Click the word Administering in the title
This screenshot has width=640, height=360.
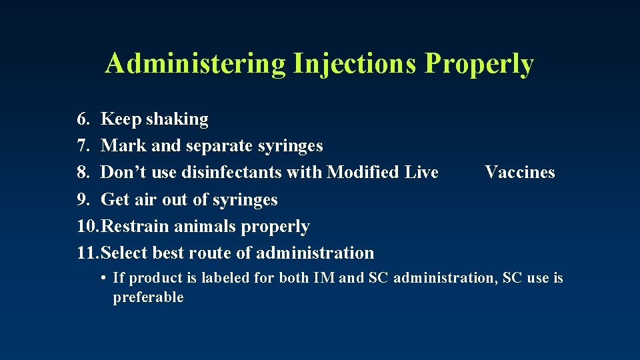tap(195, 64)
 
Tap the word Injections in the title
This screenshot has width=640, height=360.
tap(355, 64)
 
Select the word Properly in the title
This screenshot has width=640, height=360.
tap(479, 64)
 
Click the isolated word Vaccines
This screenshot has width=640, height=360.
tap(520, 173)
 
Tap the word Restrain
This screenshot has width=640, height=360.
tap(137, 227)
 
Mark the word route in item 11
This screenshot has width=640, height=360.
tap(213, 253)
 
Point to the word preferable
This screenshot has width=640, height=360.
tap(148, 297)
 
